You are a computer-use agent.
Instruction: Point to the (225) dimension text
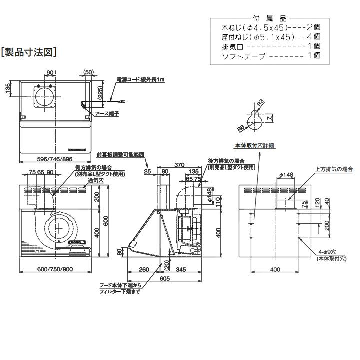(100, 92)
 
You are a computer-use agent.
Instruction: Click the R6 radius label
(241, 128)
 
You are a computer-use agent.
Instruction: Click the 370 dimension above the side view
(180, 165)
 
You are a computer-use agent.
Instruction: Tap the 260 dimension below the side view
(144, 270)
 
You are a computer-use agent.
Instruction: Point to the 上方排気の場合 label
(334, 169)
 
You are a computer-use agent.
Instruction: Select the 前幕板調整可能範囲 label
(121, 155)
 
